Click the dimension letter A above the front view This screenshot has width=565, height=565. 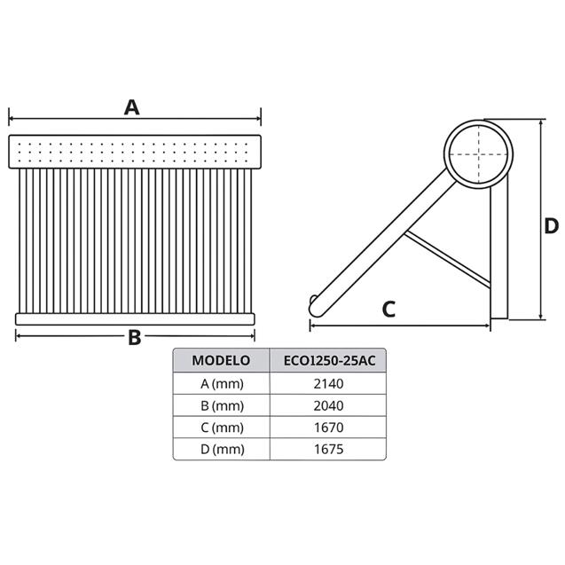pyautogui.click(x=132, y=107)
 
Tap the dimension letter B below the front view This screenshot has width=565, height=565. pyautogui.click(x=135, y=337)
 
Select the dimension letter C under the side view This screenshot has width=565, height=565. pyautogui.click(x=388, y=309)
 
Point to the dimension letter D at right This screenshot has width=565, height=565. pyautogui.click(x=551, y=225)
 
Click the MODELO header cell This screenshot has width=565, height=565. pyautogui.click(x=221, y=361)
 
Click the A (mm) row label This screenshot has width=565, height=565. pyautogui.click(x=221, y=383)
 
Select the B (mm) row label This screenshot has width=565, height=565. pyautogui.click(x=221, y=405)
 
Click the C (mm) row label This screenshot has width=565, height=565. pyautogui.click(x=221, y=428)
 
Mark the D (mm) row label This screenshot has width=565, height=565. pyautogui.click(x=221, y=450)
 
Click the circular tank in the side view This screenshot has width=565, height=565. pyautogui.click(x=478, y=152)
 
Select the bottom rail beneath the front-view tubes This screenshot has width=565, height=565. pyautogui.click(x=135, y=318)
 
